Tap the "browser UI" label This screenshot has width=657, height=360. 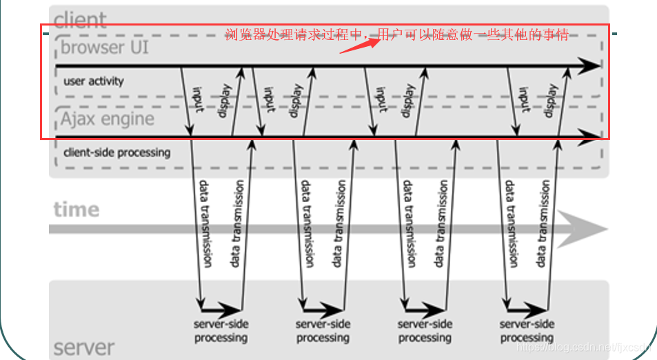[x=104, y=48]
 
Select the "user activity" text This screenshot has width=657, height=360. [x=93, y=81]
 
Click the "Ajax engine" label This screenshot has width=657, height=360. [x=107, y=119]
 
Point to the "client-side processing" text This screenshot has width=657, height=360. [x=117, y=152]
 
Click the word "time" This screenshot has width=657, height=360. [x=77, y=209]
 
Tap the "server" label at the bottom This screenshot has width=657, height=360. [x=84, y=346]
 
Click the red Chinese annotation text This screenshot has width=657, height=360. [x=397, y=34]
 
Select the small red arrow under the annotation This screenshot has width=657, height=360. [x=360, y=44]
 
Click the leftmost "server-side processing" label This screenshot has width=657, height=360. [x=221, y=330]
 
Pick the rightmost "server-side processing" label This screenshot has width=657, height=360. [x=527, y=330]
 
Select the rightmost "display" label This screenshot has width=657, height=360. [x=552, y=100]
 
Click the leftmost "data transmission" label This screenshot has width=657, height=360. [x=205, y=224]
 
